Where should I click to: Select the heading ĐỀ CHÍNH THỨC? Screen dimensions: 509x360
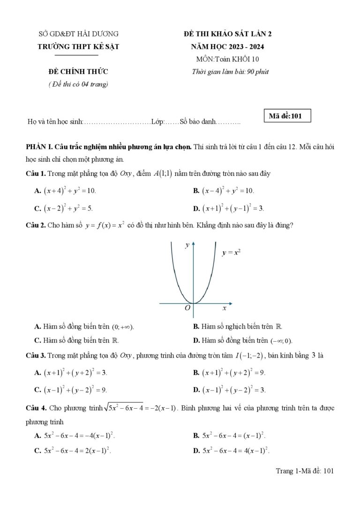[x=78, y=72]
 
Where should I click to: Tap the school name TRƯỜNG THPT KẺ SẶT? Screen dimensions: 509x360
[x=78, y=46]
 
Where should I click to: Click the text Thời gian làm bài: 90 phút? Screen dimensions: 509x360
[x=230, y=72]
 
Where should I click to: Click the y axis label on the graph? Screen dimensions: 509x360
[x=187, y=245]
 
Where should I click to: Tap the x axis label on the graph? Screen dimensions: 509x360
[x=224, y=308]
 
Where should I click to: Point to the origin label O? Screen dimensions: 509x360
[x=187, y=308]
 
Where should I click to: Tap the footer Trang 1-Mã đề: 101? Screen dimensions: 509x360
[x=304, y=472]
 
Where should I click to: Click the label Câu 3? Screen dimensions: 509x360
[x=36, y=356]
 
